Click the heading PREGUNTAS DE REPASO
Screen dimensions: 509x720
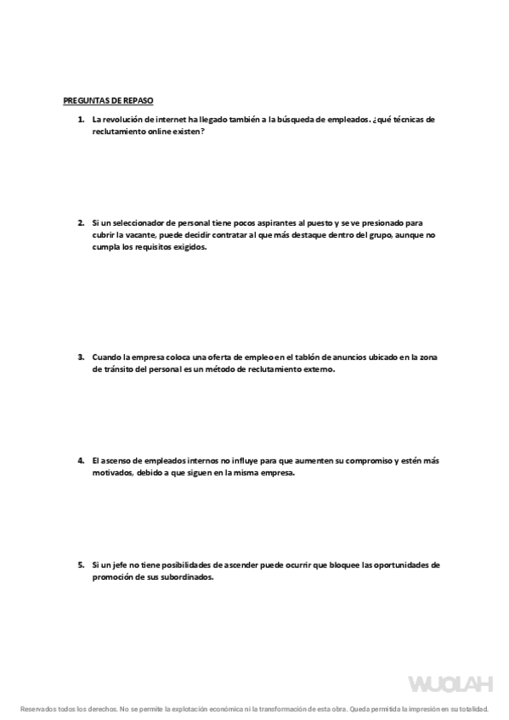(108, 100)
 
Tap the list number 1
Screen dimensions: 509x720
(81, 120)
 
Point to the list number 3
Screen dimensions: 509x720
(81, 357)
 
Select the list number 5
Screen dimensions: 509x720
(81, 565)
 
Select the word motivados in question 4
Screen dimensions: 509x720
(112, 473)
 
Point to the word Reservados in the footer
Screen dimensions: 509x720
(38, 708)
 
